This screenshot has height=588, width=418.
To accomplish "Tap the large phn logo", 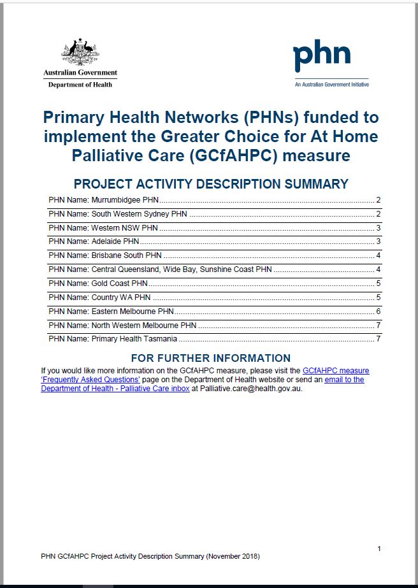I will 322,57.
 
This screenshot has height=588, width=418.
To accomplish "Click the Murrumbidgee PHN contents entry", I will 107,199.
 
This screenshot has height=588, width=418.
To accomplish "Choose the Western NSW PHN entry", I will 103,227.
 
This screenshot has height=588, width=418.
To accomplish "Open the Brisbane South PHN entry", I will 105,255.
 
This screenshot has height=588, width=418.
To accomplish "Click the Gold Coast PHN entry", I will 102,283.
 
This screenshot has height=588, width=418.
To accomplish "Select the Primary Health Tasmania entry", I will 113,338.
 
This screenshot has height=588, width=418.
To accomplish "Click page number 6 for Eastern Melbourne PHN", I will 378,311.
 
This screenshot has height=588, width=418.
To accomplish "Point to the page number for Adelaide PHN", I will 378,241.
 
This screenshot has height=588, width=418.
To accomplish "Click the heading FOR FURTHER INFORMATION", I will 210,358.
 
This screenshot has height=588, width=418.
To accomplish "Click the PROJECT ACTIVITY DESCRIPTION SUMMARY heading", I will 211,184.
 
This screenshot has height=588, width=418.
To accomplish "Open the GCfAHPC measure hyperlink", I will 336,370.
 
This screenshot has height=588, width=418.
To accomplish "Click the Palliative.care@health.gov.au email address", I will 251,389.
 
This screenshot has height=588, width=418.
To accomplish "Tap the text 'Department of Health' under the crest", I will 80,85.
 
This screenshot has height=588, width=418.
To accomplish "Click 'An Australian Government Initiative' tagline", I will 331,84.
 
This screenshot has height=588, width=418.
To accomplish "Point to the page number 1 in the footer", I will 379,549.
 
